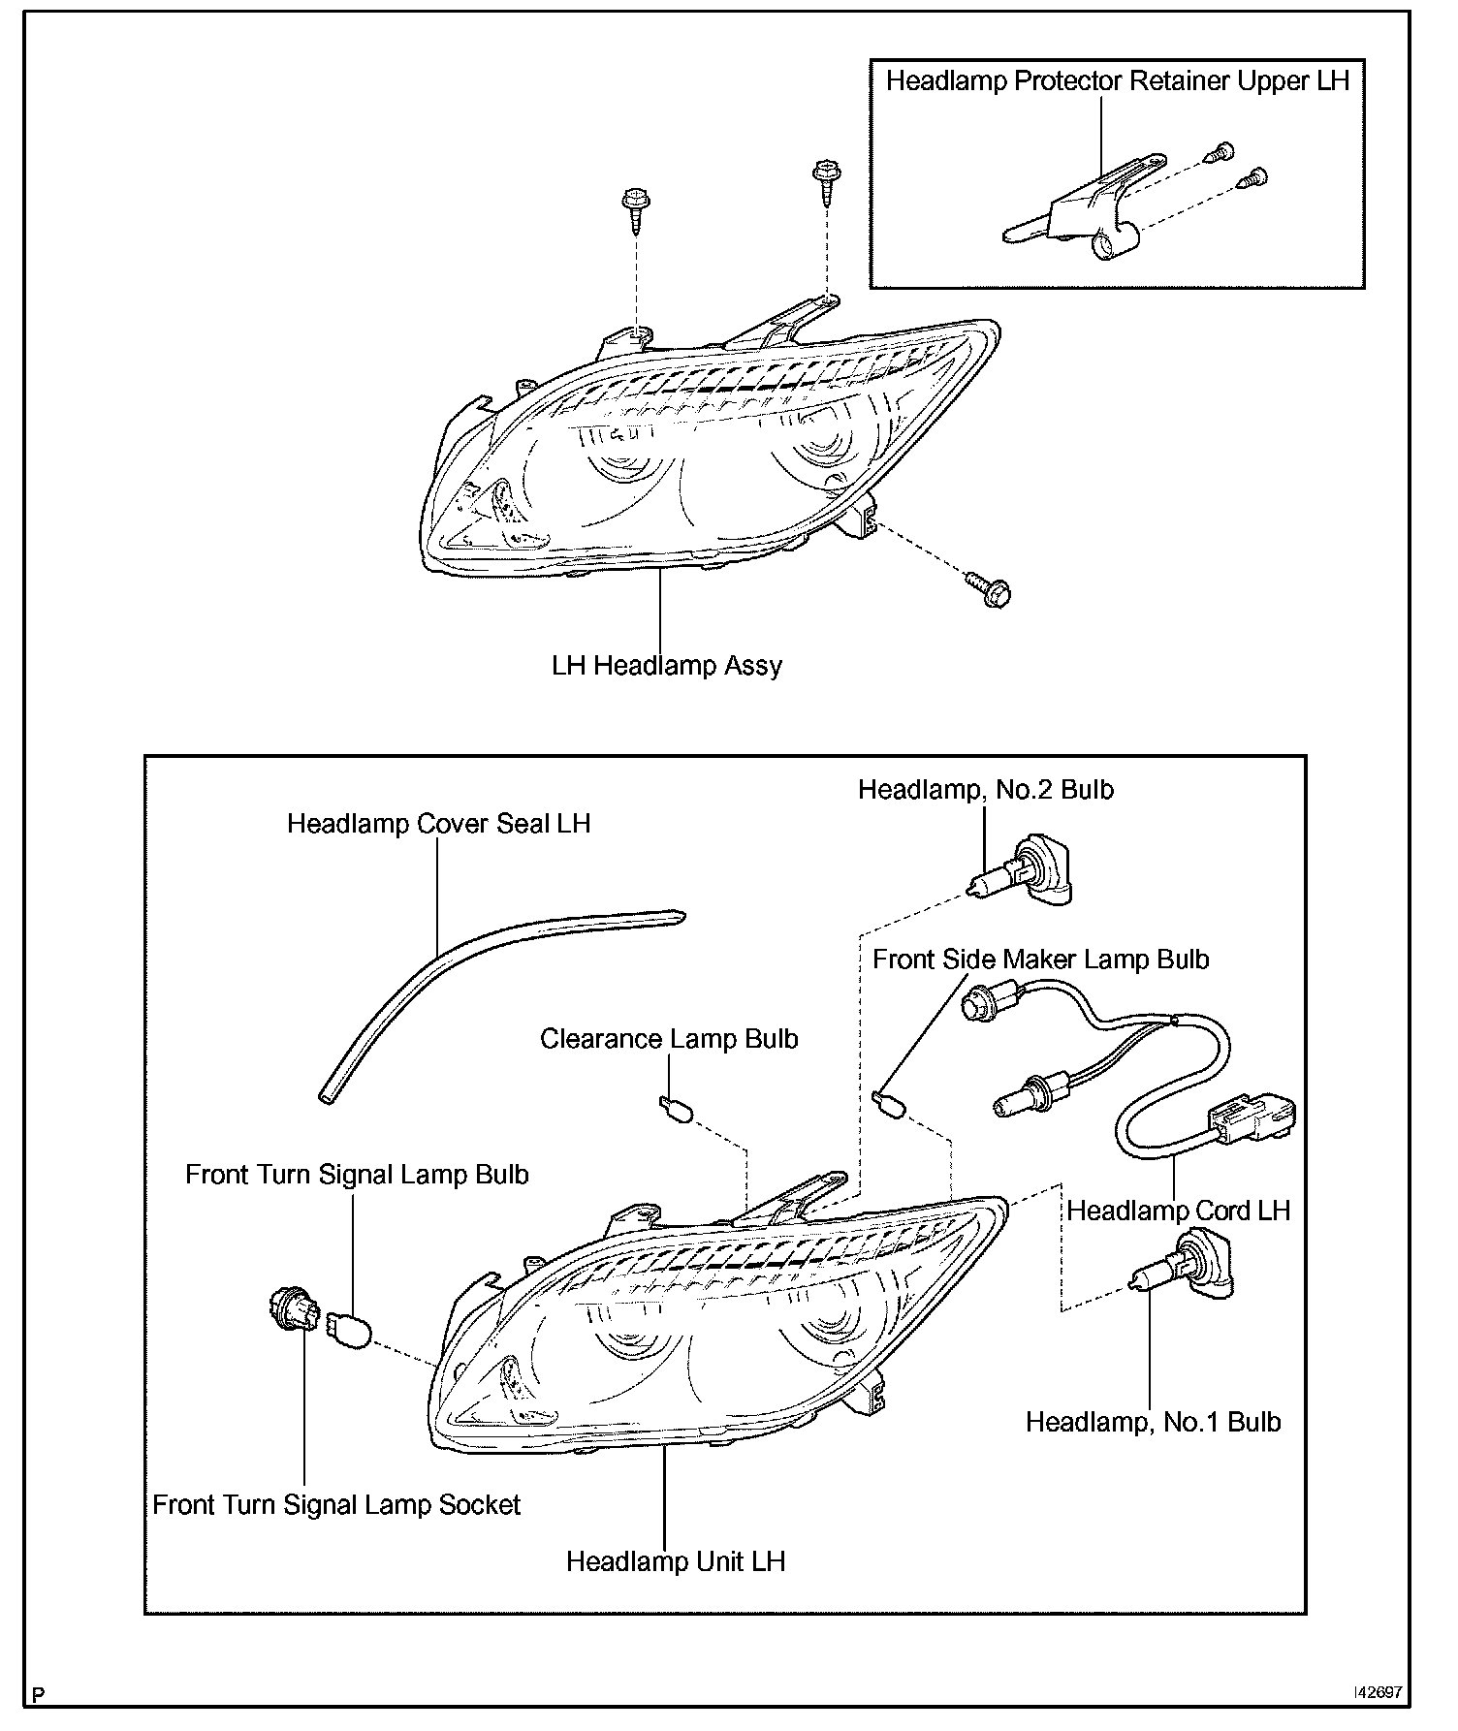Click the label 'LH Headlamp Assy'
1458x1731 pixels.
(x=666, y=666)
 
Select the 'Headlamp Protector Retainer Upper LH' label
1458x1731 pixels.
(x=1117, y=80)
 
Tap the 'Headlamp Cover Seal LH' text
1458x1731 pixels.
(x=438, y=824)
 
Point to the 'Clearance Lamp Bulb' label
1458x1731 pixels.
(x=669, y=1039)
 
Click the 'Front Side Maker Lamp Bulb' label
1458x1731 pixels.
(x=1040, y=960)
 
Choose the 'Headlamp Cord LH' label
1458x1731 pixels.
(x=1178, y=1211)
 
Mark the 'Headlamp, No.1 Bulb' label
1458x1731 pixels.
(x=1153, y=1422)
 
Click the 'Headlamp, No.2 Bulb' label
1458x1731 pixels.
(x=985, y=790)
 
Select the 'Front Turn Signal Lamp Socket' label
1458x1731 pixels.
(x=336, y=1504)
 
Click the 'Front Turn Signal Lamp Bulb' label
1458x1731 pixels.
(x=357, y=1175)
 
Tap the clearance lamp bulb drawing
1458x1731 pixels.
(x=675, y=1110)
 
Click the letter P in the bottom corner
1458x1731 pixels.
(x=38, y=1695)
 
